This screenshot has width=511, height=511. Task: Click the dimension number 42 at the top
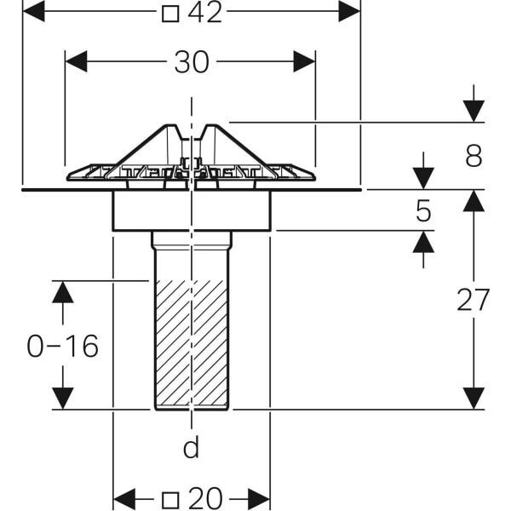click(205, 13)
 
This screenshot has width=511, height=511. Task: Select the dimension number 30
click(192, 62)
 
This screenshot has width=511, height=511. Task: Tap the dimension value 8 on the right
click(474, 156)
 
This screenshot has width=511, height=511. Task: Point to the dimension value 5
click(423, 211)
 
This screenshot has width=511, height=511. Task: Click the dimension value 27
click(474, 300)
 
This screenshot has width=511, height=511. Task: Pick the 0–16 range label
click(62, 346)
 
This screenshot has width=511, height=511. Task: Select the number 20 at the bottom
click(205, 498)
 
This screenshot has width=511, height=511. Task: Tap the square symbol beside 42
click(170, 14)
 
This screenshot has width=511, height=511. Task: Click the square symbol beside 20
click(170, 500)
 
